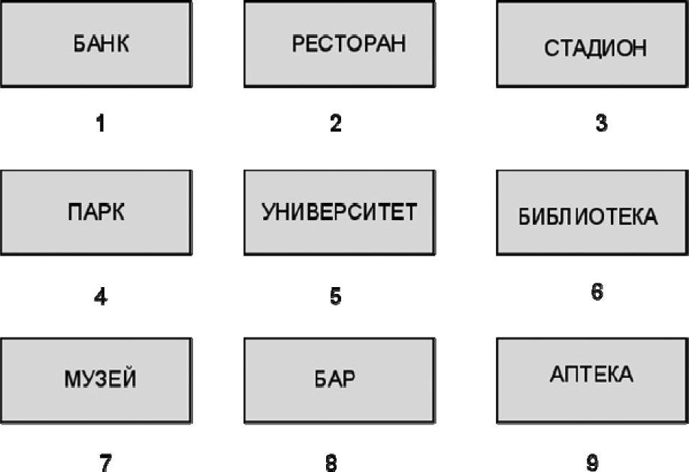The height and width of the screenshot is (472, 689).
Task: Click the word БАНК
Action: pyautogui.click(x=101, y=44)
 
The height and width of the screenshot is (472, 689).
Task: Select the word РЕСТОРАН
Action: pyautogui.click(x=349, y=44)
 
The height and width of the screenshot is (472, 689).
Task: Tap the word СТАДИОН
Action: pyautogui.click(x=595, y=48)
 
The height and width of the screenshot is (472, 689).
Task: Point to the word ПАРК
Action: pyautogui.click(x=96, y=212)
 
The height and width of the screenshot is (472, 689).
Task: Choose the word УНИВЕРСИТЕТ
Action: pyautogui.click(x=339, y=212)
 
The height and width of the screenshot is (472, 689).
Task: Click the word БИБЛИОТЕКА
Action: pyautogui.click(x=588, y=216)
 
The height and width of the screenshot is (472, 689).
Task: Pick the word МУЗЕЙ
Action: pyautogui.click(x=100, y=378)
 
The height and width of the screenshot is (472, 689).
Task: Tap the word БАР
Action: pyautogui.click(x=335, y=378)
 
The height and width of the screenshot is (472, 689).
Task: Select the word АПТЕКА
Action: pyautogui.click(x=591, y=374)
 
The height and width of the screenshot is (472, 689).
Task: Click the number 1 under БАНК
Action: pyautogui.click(x=101, y=123)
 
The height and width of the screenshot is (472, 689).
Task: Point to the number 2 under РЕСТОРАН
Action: pyautogui.click(x=336, y=123)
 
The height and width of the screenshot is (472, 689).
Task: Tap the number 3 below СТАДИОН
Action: pyautogui.click(x=602, y=123)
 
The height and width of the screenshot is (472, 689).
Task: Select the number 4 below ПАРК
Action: pyautogui.click(x=101, y=297)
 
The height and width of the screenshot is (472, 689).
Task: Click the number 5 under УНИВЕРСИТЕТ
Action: pyautogui.click(x=336, y=296)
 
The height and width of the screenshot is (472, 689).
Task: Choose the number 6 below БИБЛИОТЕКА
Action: pyautogui.click(x=597, y=292)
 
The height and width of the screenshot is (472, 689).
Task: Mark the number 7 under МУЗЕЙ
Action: pyautogui.click(x=105, y=463)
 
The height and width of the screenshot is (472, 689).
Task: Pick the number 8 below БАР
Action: pyautogui.click(x=331, y=463)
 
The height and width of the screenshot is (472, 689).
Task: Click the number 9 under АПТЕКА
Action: pyautogui.click(x=592, y=463)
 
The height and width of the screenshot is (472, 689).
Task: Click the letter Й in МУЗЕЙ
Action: pyautogui.click(x=128, y=377)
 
